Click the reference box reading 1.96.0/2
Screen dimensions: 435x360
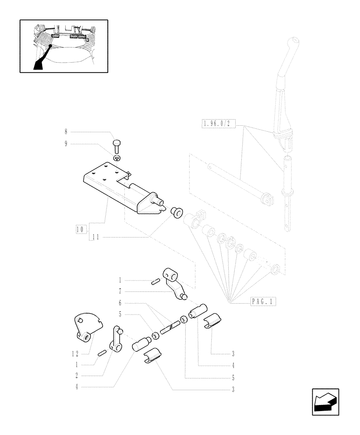219,124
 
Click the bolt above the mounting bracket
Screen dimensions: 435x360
117,144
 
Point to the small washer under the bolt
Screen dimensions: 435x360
118,158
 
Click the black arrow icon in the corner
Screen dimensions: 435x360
325,402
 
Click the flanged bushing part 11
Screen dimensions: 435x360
177,213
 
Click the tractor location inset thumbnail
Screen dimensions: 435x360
63,46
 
